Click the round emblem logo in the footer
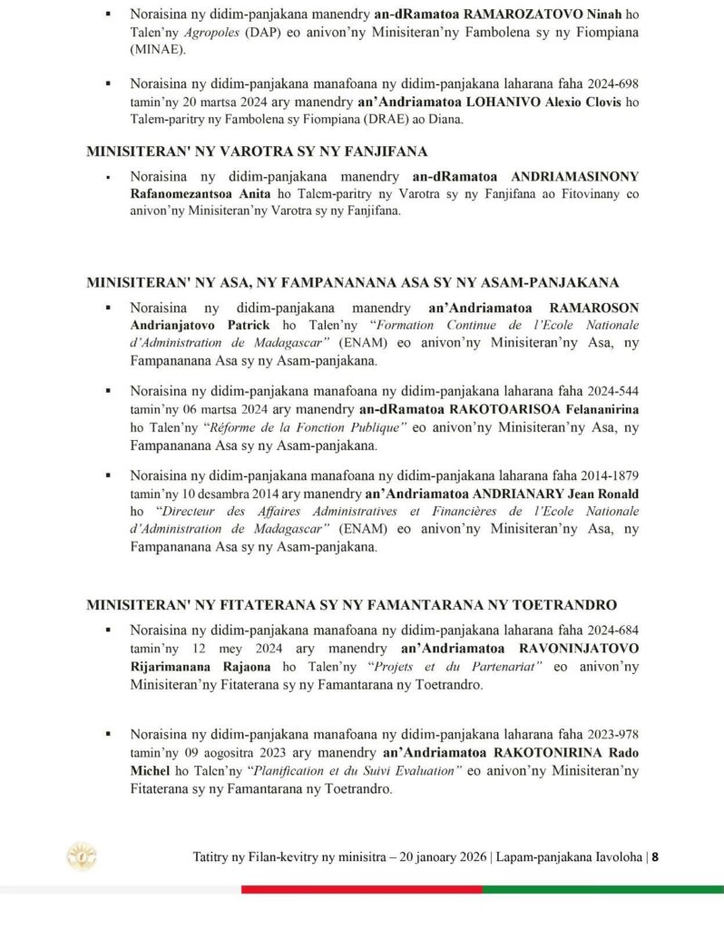pyautogui.click(x=81, y=856)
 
